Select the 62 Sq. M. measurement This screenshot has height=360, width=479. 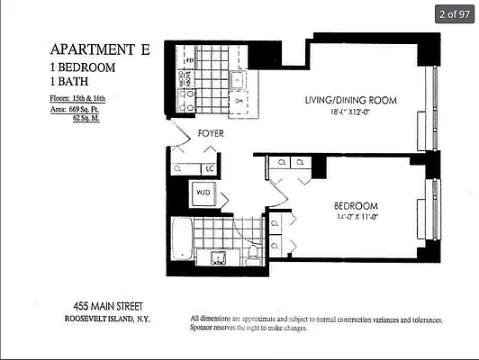tap(91, 118)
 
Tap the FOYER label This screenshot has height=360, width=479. tap(211, 133)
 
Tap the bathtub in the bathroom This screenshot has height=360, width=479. tap(182, 240)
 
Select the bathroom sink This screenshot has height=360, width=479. tap(219, 257)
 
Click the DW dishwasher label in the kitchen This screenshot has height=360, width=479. tap(239, 102)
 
